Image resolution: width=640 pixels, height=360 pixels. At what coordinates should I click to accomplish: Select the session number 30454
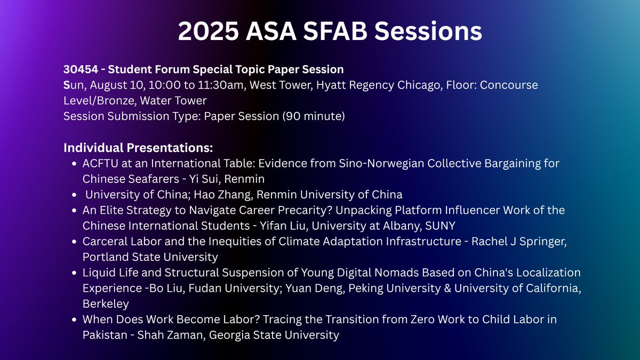click(x=80, y=69)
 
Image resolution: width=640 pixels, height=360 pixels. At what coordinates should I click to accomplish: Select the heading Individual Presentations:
click(x=138, y=147)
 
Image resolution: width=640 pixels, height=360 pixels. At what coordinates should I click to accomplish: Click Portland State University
click(x=150, y=257)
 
